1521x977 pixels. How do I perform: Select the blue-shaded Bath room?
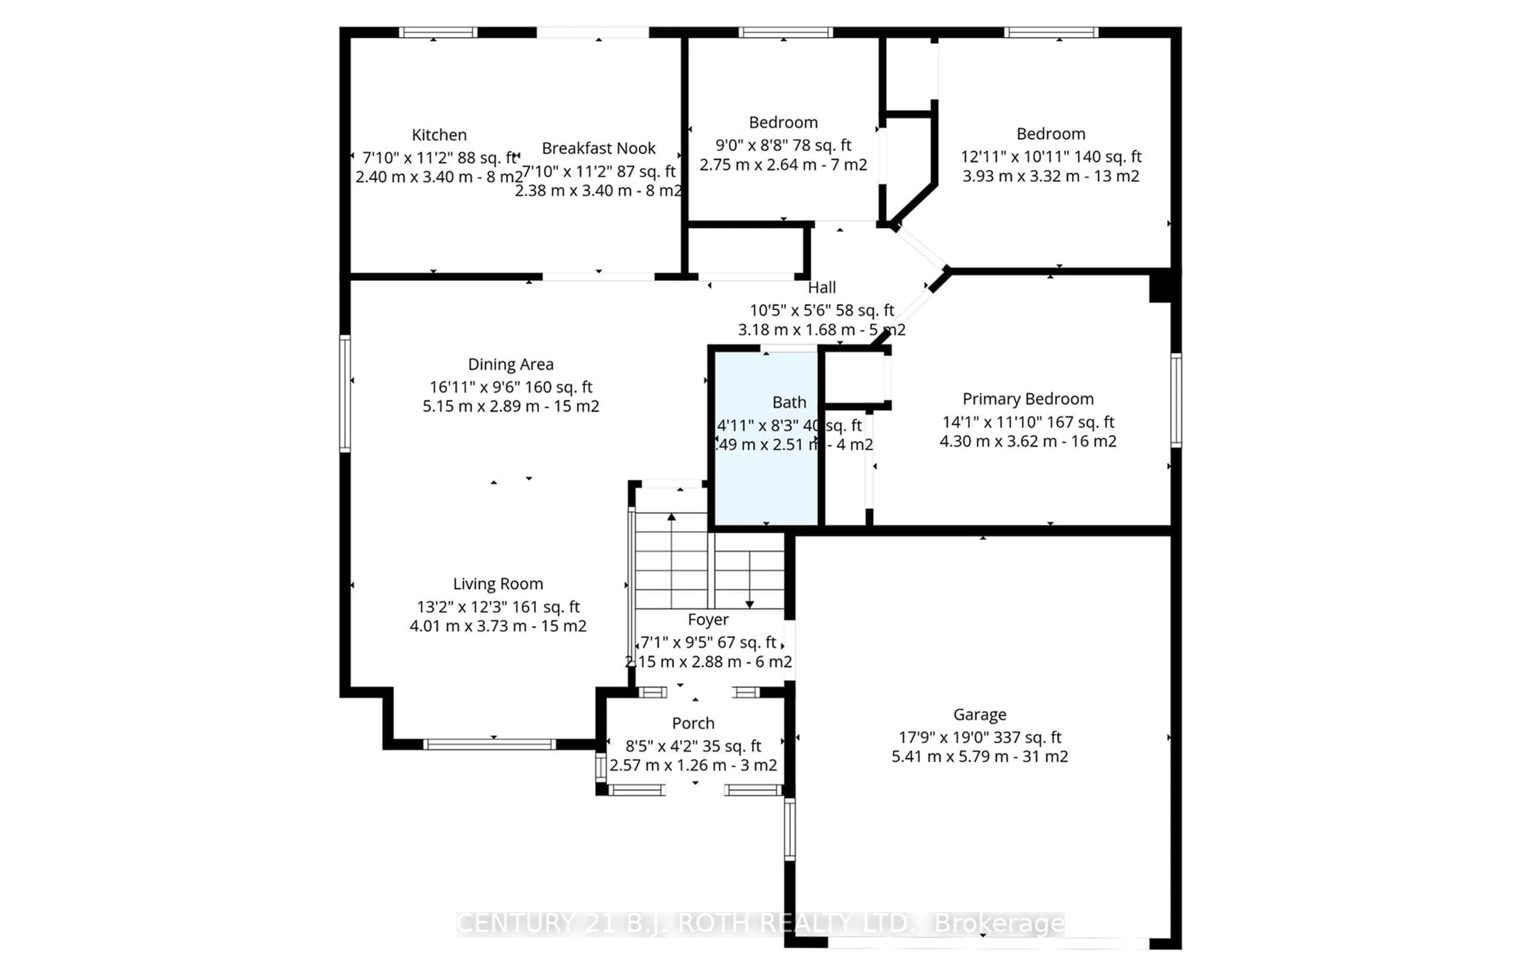tap(766, 482)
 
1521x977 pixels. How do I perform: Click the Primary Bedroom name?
tap(1027, 399)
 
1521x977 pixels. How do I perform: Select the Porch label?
tap(693, 723)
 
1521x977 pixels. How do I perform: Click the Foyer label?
tap(708, 620)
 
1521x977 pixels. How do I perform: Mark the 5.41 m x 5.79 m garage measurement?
tap(979, 757)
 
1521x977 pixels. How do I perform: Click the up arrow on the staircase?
tap(671, 518)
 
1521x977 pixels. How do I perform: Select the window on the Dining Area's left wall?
tap(345, 393)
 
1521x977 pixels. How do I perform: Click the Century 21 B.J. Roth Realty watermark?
tap(760, 924)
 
